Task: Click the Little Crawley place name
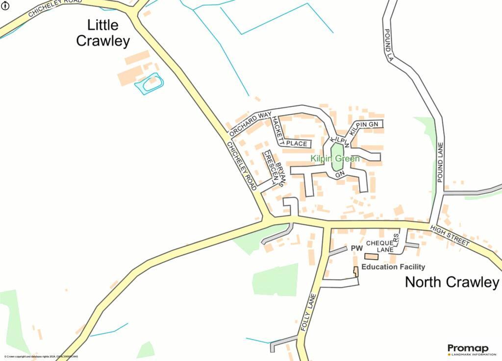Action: (103, 33)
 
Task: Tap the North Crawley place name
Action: (452, 282)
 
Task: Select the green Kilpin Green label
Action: (335, 159)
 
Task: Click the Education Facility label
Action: (393, 267)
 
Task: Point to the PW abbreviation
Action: (356, 249)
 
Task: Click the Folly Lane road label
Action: (307, 312)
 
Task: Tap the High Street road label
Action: (450, 236)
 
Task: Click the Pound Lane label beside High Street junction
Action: (440, 162)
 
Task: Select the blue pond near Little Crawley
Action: (149, 84)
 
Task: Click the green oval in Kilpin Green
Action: (337, 157)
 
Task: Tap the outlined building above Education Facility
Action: (371, 257)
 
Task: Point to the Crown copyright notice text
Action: (41, 357)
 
